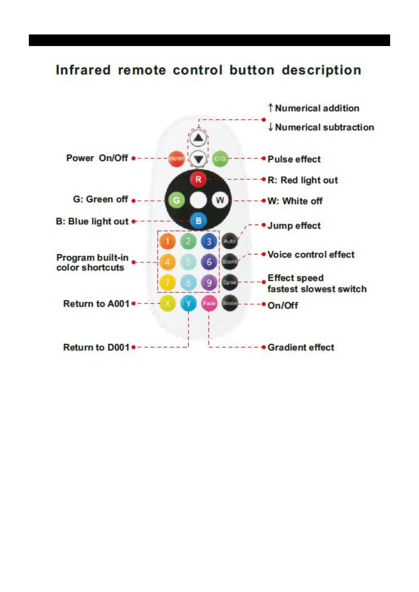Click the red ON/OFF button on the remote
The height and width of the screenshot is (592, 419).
click(176, 159)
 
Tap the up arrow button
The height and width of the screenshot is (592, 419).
click(198, 138)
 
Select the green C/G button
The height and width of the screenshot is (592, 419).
click(220, 159)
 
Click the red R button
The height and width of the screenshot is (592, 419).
click(198, 179)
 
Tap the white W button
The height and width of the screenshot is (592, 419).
click(220, 200)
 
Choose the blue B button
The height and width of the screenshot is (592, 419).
click(198, 221)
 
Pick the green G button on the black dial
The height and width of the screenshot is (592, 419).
click(176, 200)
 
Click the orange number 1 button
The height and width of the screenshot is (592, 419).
click(167, 242)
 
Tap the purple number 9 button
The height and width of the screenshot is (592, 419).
click(209, 283)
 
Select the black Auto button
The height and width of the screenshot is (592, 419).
click(229, 241)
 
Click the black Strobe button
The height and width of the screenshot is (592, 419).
click(229, 303)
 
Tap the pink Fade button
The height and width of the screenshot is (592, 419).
click(209, 303)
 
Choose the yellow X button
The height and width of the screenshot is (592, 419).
click(167, 303)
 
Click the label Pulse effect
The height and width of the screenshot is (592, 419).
click(294, 159)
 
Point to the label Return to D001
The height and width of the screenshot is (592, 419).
click(96, 347)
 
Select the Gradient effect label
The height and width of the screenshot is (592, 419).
click(301, 347)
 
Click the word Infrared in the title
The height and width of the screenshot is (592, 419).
click(83, 70)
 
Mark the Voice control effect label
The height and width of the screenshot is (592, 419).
click(311, 255)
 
